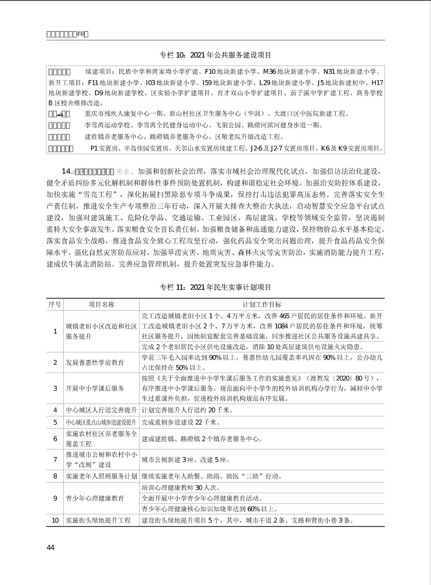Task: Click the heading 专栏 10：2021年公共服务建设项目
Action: pyautogui.click(x=215, y=55)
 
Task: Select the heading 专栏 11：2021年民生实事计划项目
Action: pyautogui.click(x=215, y=287)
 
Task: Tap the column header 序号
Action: pyautogui.click(x=55, y=305)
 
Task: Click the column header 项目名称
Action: pyautogui.click(x=101, y=305)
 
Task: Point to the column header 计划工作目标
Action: pyautogui.click(x=262, y=305)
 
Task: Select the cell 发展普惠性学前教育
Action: pyautogui.click(x=95, y=362)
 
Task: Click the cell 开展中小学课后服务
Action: pyautogui.click(x=95, y=388)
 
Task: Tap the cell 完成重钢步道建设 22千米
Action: pyautogui.click(x=181, y=422)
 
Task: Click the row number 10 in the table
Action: pyautogui.click(x=55, y=520)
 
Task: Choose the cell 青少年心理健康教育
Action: pyautogui.click(x=95, y=498)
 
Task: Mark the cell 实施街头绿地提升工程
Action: pyautogui.click(x=98, y=520)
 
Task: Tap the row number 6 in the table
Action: pyautogui.click(x=55, y=439)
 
